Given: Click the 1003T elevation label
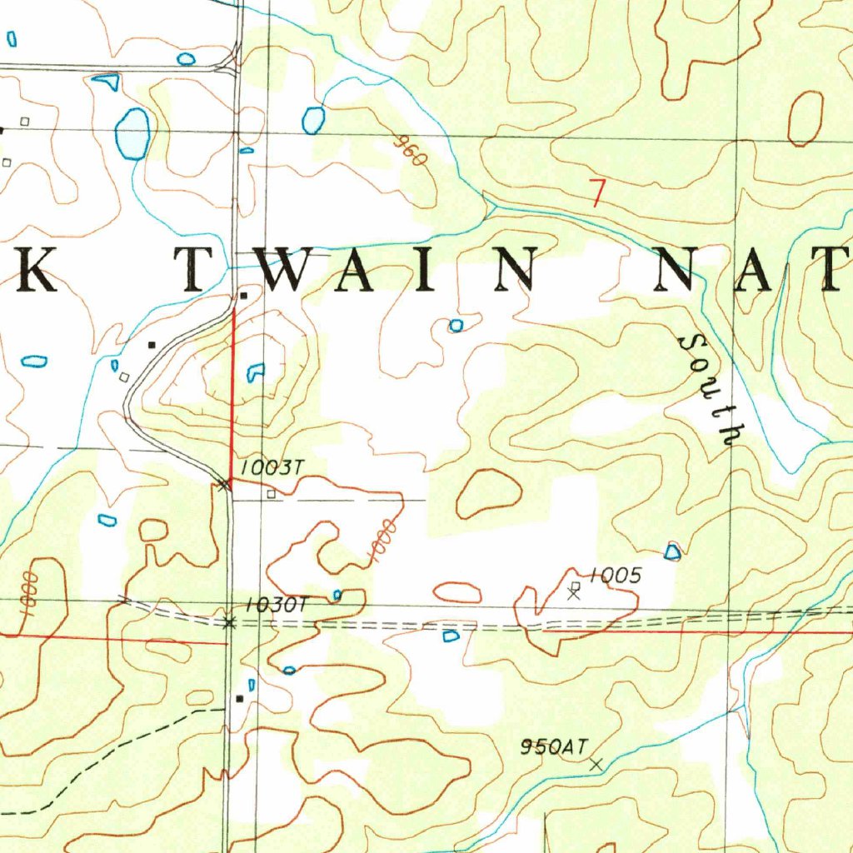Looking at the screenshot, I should (x=269, y=469).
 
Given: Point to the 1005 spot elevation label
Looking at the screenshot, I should (x=615, y=576).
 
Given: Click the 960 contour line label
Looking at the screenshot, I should (x=411, y=152).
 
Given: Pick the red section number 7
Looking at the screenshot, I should (x=596, y=192).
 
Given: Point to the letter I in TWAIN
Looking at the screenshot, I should (x=426, y=269).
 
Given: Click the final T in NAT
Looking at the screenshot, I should (x=833, y=269).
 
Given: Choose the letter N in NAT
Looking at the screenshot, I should (x=682, y=269).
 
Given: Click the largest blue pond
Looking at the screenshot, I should (x=132, y=133).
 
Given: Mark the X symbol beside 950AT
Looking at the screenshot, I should (x=596, y=764).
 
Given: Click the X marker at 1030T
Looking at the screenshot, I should (x=228, y=622).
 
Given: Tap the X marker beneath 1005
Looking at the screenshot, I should (x=573, y=594).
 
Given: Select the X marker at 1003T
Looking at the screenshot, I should (x=222, y=485).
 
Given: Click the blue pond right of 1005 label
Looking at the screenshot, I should (x=673, y=551).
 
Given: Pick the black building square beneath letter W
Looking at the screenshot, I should (x=243, y=296).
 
